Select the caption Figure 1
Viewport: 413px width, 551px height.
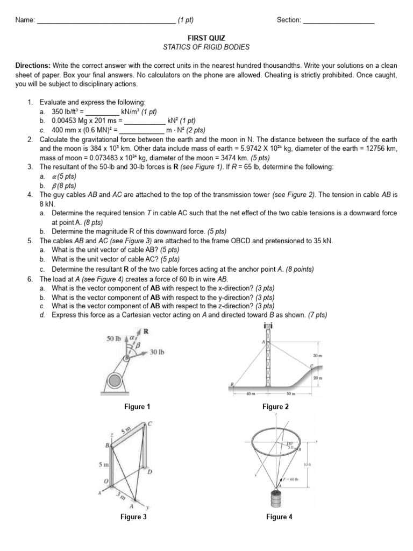point(137,407)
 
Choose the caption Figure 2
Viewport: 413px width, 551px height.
point(276,407)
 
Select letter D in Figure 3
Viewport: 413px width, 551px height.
point(150,471)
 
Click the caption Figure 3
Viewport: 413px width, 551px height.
point(133,517)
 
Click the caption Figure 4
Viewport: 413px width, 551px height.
point(279,517)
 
